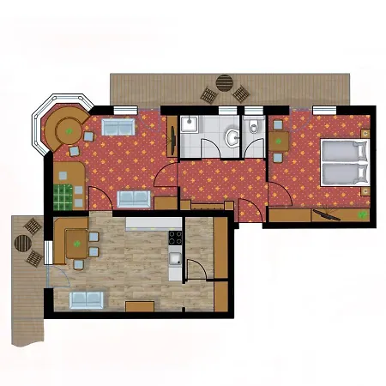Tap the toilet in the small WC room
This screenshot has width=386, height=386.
coord(254,129)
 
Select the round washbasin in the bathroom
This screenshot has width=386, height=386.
coord(230,137)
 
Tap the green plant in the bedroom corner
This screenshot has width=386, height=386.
coord(364,214)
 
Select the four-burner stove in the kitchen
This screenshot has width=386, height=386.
coord(174,237)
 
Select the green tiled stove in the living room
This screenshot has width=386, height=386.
coord(63,197)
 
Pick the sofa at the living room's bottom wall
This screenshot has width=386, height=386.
coord(134,199)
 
